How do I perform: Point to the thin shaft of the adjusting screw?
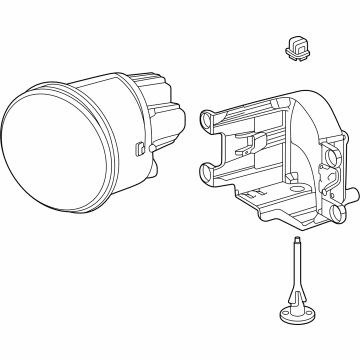click(x=298, y=279)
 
